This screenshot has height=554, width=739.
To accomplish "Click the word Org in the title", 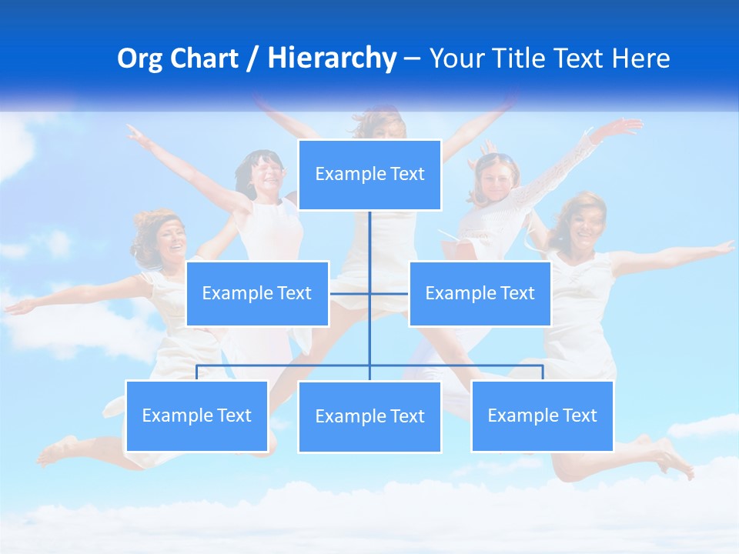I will pos(141,58).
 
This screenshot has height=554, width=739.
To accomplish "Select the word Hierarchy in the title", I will pos(332,58).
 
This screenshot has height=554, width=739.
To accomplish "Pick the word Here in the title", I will pos(640,58).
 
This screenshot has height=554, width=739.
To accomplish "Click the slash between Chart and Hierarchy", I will pos(252,59).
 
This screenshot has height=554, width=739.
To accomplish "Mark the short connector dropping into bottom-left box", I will pos(197,373).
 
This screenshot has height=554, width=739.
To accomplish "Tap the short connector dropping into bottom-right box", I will pos(543,373).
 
